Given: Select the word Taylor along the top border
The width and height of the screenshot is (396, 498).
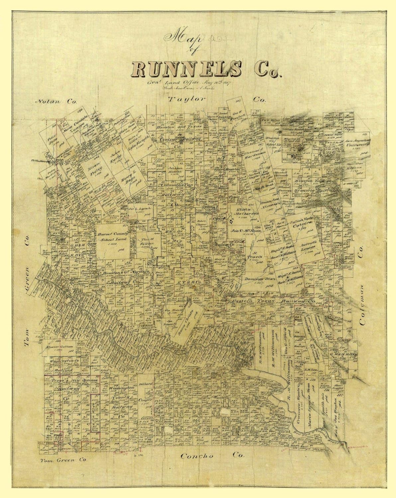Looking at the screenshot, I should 187,99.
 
